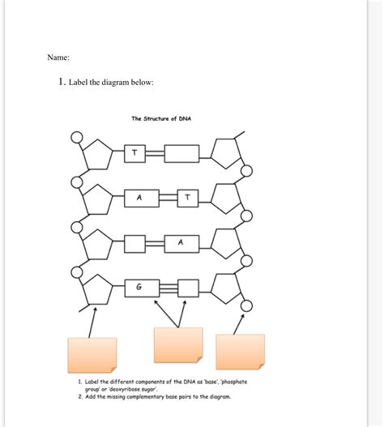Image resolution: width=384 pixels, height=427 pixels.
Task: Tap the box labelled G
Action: [138, 287]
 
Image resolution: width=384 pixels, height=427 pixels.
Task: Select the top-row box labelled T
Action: [134, 152]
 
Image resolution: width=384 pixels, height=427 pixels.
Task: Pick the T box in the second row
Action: [187, 197]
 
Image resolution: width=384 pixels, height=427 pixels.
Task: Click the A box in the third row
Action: [181, 242]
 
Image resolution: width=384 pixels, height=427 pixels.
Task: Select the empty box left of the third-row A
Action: [135, 242]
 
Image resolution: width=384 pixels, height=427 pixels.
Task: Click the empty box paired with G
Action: [188, 287]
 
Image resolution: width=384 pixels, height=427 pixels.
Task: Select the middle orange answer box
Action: [178, 346]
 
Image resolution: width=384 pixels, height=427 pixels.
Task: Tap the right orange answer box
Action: [240, 352]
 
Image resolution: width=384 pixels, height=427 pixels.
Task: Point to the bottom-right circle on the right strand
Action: [246, 305]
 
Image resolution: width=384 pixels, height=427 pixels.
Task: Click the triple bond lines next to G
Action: [168, 287]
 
